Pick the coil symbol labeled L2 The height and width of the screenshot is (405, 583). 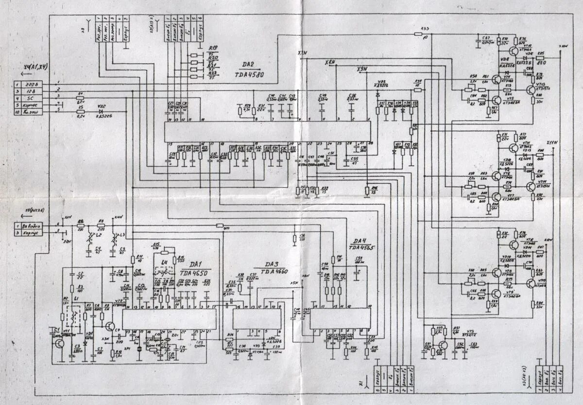pos(89,238)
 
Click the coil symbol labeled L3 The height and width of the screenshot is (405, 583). pos(115,238)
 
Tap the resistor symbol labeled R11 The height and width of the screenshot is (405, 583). pos(133,260)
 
